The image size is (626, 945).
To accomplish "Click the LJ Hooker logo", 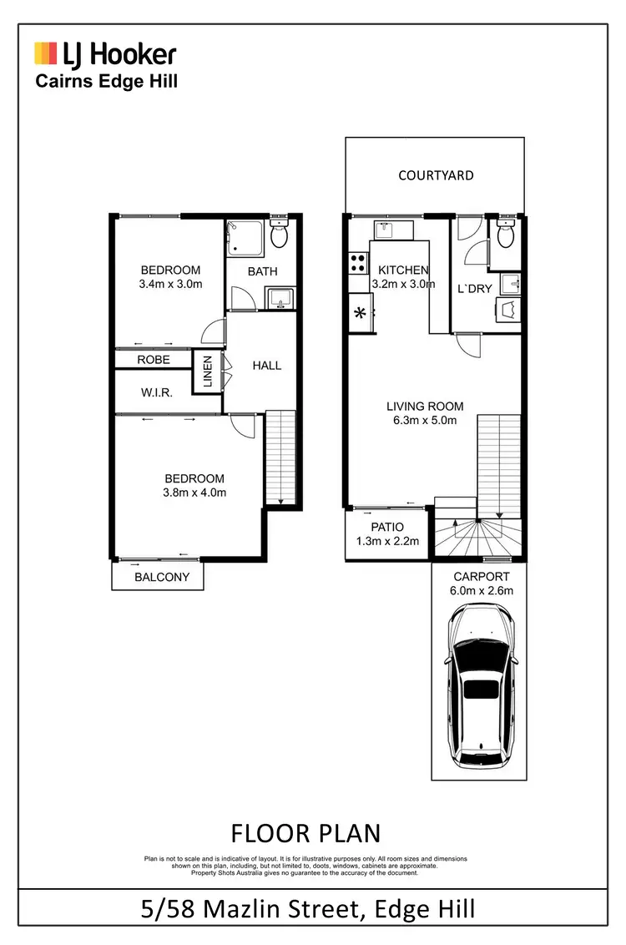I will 105,55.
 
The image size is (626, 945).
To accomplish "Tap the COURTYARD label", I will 436,175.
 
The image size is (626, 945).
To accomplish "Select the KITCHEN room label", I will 403,270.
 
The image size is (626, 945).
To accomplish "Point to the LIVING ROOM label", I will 425,407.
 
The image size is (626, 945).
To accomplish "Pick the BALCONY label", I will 162,577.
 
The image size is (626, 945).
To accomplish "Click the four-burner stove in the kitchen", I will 358,263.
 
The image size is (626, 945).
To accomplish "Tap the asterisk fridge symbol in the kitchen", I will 361,315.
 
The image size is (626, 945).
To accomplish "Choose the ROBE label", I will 154,360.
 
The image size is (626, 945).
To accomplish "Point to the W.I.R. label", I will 156,392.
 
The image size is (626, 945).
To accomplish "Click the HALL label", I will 266,365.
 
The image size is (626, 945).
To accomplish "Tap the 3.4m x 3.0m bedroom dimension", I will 170,284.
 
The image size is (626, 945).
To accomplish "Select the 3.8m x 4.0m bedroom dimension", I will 194,493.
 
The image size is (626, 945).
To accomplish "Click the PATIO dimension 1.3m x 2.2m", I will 386,541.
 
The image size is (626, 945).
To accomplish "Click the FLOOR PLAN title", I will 305,832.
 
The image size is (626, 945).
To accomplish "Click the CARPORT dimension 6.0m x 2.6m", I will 481,590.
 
